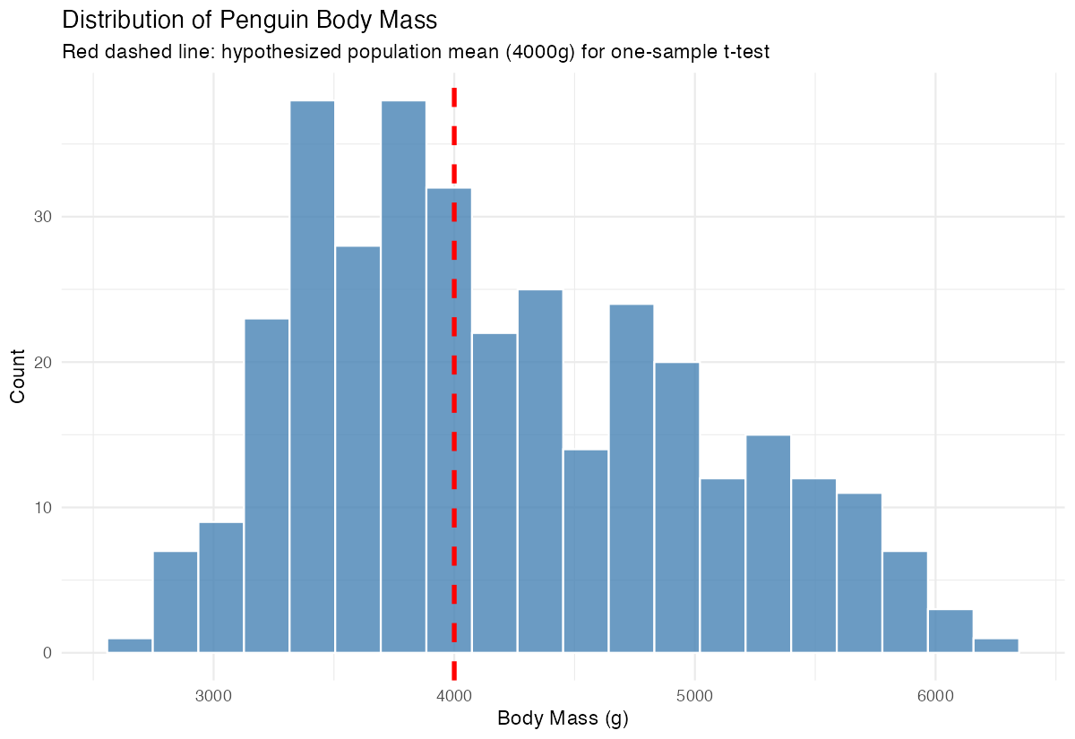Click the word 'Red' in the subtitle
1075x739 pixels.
coord(79,53)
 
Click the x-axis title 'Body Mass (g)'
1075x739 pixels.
coord(563,718)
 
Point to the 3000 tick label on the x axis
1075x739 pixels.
coord(213,693)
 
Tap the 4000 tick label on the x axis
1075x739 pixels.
coord(454,693)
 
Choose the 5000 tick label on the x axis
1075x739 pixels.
coord(694,693)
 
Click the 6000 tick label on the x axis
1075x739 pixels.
coord(935,693)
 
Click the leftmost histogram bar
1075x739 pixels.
coord(130,646)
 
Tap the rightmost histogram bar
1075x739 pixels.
coord(996,646)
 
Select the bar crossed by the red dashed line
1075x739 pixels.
coord(449,421)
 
